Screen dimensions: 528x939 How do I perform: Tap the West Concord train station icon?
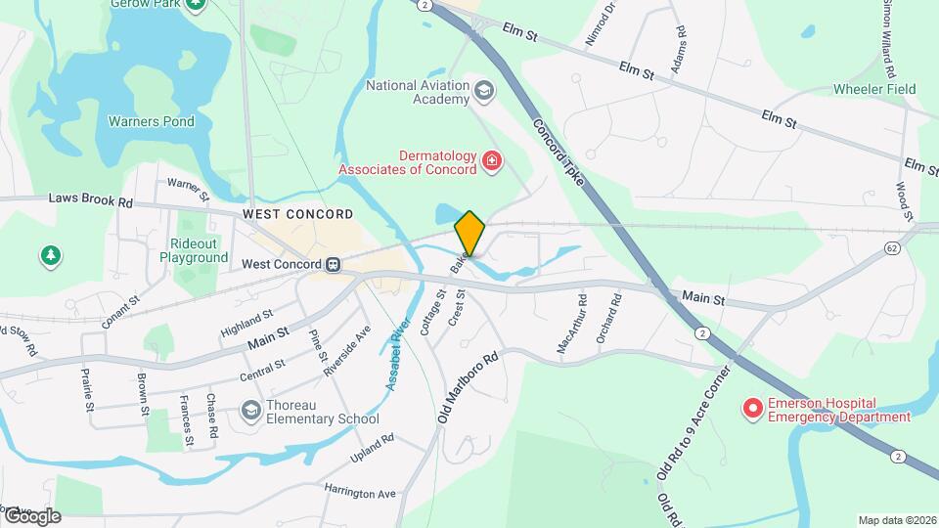pyautogui.click(x=334, y=264)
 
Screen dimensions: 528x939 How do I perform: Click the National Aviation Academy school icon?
pyautogui.click(x=483, y=93)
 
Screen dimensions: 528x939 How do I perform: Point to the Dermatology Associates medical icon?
pyautogui.click(x=492, y=162)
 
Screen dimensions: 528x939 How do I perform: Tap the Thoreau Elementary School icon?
pyautogui.click(x=250, y=412)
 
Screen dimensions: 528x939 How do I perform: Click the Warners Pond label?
pyautogui.click(x=151, y=122)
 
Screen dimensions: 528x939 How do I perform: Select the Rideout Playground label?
pyautogui.click(x=194, y=250)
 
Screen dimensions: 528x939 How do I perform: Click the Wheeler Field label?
pyautogui.click(x=873, y=89)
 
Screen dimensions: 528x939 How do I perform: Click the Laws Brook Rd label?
pyautogui.click(x=90, y=199)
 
